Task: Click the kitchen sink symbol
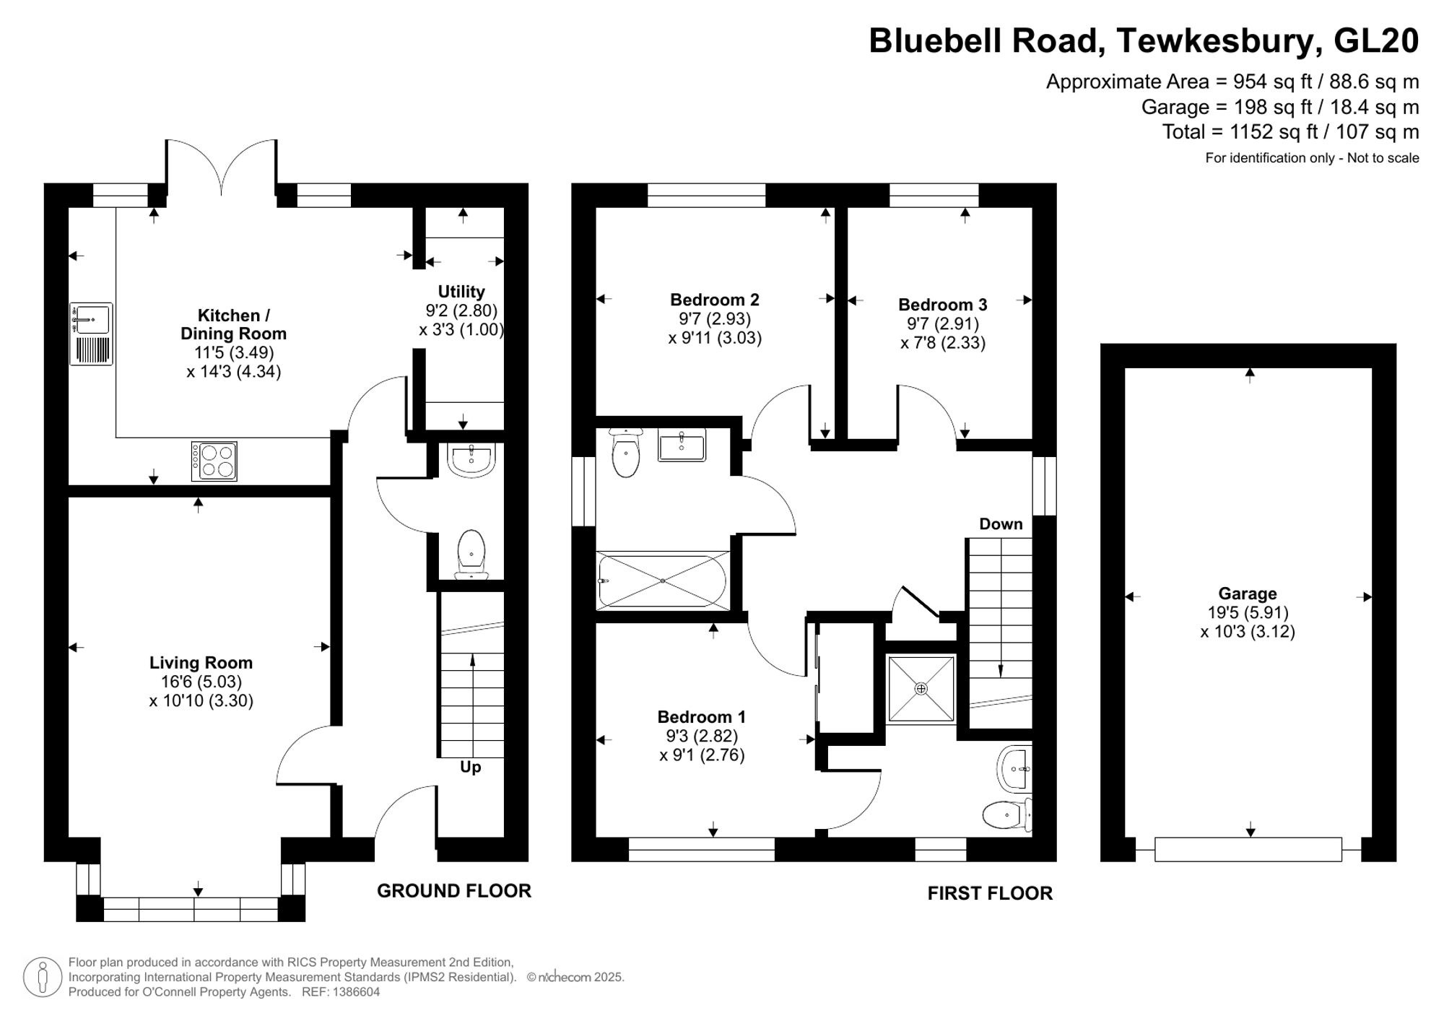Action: click(92, 334)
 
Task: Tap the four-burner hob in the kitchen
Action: click(214, 461)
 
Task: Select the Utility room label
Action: click(461, 292)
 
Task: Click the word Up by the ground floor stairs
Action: click(470, 767)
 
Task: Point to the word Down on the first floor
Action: click(1001, 524)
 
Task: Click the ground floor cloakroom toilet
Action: click(471, 555)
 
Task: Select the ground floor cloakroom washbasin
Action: click(471, 459)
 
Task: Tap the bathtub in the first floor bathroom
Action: click(663, 581)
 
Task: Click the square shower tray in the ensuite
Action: click(921, 688)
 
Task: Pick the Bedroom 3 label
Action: click(943, 305)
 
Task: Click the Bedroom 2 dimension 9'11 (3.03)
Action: click(715, 338)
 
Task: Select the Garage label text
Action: click(1248, 594)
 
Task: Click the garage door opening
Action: click(1248, 850)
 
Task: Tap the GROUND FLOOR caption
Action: click(454, 891)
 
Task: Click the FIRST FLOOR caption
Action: click(990, 894)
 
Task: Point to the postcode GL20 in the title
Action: click(1375, 41)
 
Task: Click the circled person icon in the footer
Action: click(43, 978)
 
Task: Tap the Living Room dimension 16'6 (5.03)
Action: click(201, 682)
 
